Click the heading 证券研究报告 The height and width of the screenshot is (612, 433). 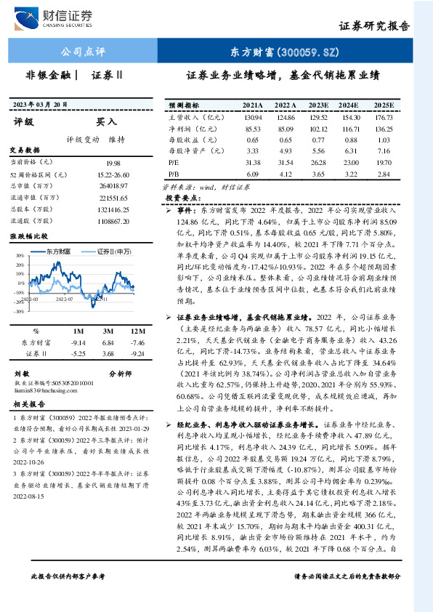pos(374,25)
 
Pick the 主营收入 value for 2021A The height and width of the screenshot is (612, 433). pos(253,117)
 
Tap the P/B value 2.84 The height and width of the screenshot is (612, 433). pos(384,174)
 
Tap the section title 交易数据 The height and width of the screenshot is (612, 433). pos(21,150)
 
